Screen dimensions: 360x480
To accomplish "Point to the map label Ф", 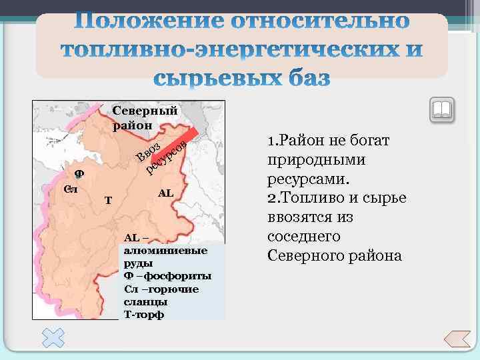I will (79, 173).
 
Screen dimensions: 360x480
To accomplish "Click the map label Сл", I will (71, 189).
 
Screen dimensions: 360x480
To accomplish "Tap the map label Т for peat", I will (108, 200).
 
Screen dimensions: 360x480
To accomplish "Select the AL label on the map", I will (165, 193).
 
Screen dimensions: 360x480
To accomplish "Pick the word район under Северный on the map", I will (133, 125).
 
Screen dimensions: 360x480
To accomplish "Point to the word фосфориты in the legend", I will (178, 276).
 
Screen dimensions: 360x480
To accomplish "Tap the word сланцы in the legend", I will (141, 302).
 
